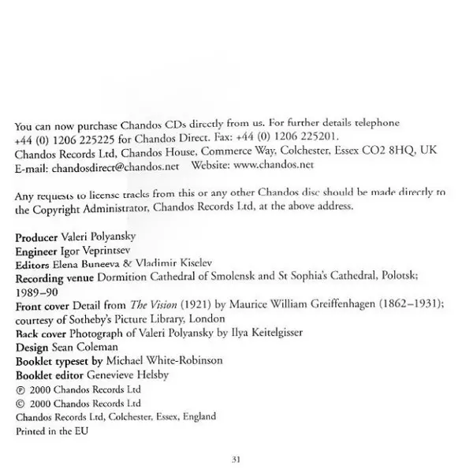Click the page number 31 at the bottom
pos(236,460)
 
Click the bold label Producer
pos(40,237)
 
